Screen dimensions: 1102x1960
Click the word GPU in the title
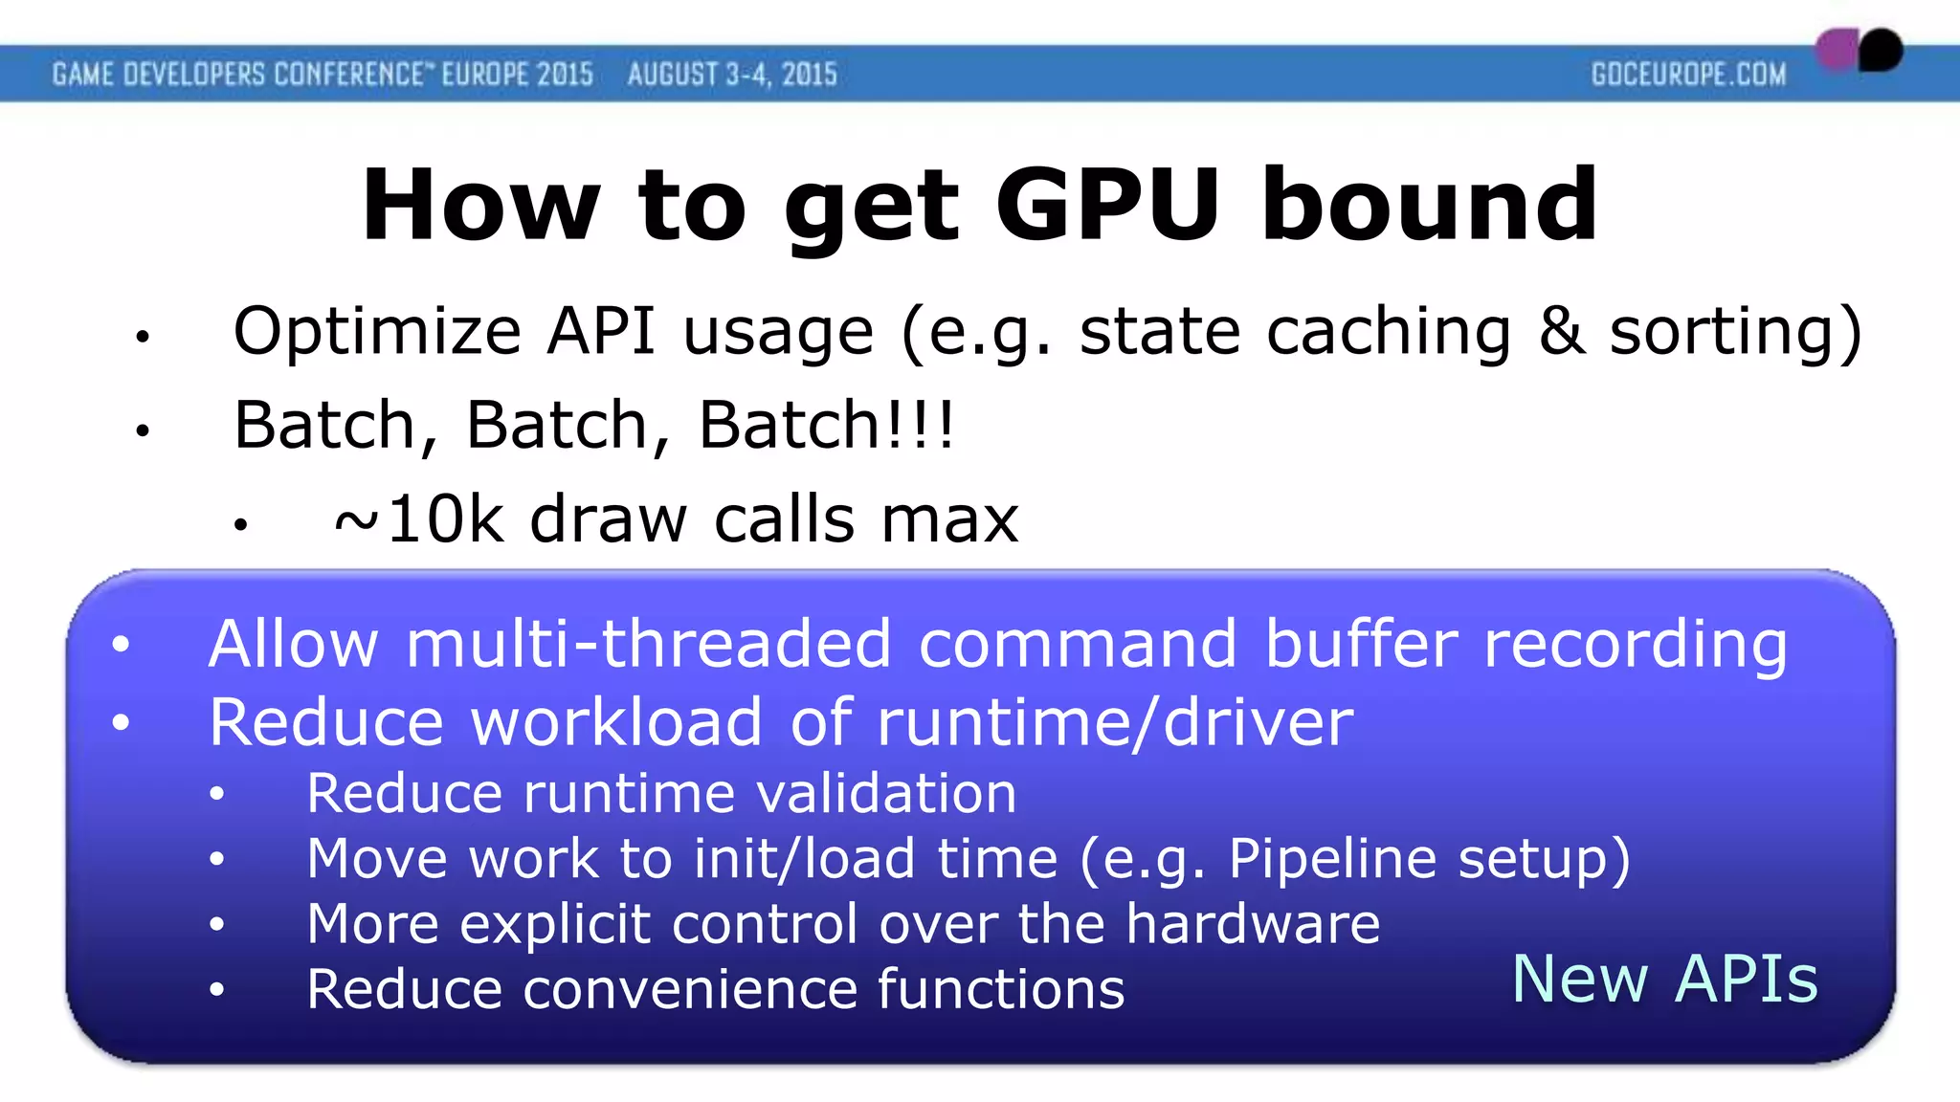coord(1107,205)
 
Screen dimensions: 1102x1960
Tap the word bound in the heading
coord(1430,205)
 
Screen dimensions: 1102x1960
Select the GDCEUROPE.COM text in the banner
coord(1688,75)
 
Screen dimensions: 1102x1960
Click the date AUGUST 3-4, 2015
coord(732,75)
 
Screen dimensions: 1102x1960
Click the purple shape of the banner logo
coord(1836,50)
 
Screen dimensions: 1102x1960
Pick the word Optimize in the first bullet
coord(377,332)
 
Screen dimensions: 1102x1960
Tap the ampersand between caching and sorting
coord(1561,332)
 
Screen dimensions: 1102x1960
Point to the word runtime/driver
coord(1115,722)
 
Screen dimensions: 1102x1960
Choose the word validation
coord(886,793)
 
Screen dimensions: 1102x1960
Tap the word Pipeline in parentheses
coord(1332,858)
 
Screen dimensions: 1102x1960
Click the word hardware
coord(1253,923)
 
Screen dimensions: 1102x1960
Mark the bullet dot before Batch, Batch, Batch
coord(143,430)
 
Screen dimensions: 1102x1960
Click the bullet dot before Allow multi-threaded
coord(121,644)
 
